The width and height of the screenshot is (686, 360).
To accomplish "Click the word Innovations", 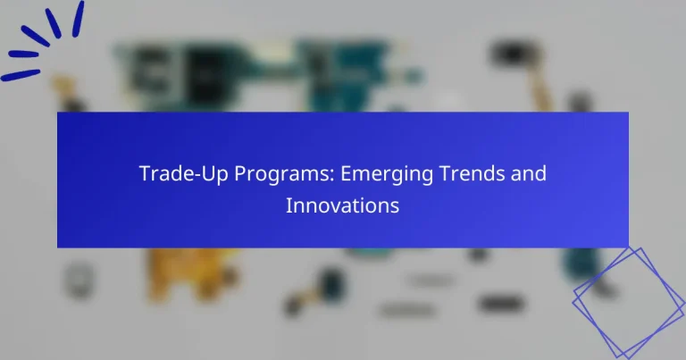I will click(342, 205).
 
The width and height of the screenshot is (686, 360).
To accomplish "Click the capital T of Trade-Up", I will click(145, 173).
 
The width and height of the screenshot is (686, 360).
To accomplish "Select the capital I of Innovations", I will click(289, 205).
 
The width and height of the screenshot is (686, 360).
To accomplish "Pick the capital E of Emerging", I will click(319, 173).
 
